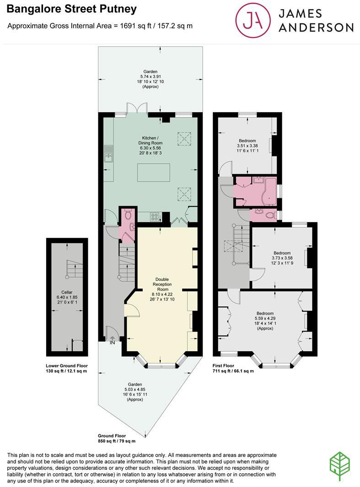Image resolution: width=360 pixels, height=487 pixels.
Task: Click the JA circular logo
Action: pyautogui.click(x=253, y=21)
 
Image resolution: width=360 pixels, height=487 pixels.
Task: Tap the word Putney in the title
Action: pyautogui.click(x=118, y=9)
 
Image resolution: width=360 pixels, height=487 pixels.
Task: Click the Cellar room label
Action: pyautogui.click(x=67, y=292)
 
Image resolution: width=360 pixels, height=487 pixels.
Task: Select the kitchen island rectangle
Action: pyautogui.click(x=154, y=172)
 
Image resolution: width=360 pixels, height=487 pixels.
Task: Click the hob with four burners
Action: pyautogui.click(x=155, y=217)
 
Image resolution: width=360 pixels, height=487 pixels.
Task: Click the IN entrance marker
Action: pyautogui.click(x=112, y=343)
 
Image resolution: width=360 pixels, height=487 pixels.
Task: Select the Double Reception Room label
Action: pyautogui.click(x=162, y=284)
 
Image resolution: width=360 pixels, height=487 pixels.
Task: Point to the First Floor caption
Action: pyautogui.click(x=223, y=365)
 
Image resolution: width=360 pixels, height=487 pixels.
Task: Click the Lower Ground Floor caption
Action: pyautogui.click(x=67, y=365)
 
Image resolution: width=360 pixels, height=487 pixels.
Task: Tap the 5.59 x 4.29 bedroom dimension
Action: pyautogui.click(x=265, y=318)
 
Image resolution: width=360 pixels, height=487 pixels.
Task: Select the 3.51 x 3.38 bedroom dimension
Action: pyautogui.click(x=247, y=146)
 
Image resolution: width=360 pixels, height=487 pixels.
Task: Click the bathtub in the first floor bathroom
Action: pyautogui.click(x=269, y=192)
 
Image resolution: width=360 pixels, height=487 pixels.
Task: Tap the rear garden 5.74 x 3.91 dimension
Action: pyautogui.click(x=150, y=76)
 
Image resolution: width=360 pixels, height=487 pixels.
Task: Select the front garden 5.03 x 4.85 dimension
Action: pyautogui.click(x=135, y=389)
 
